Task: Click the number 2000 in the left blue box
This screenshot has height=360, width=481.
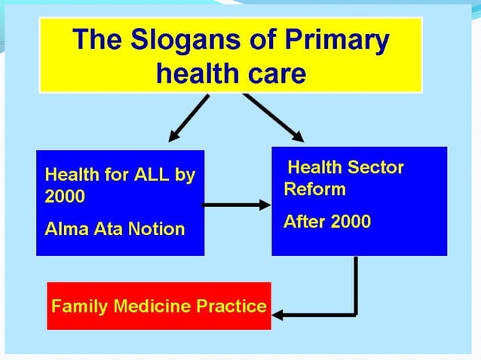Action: pyautogui.click(x=65, y=197)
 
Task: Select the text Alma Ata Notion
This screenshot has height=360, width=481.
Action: pyautogui.click(x=115, y=228)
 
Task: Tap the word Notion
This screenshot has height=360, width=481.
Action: pyautogui.click(x=157, y=228)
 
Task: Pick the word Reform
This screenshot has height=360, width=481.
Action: pyautogui.click(x=314, y=188)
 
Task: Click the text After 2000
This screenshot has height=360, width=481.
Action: pyautogui.click(x=326, y=221)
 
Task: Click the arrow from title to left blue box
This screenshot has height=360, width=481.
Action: pyautogui.click(x=188, y=118)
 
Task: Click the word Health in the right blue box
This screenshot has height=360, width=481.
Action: pyautogui.click(x=315, y=167)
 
